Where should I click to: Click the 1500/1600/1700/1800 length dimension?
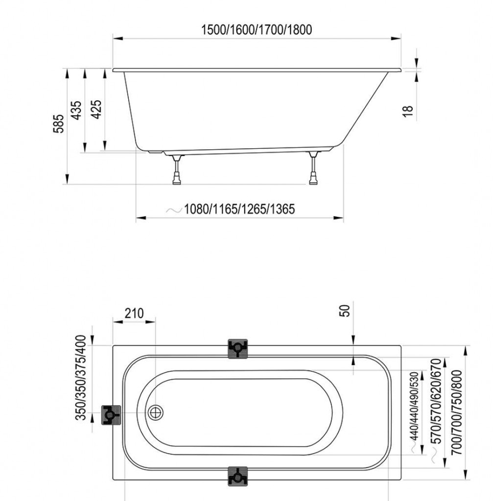coord(257,30)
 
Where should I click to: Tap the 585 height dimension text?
coord(59,123)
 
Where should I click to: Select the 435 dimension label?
coord(76,111)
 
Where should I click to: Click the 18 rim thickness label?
coord(408,111)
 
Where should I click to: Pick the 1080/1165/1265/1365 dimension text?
coord(239,209)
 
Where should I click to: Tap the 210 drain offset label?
coord(134,314)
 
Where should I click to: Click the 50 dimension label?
coord(345,311)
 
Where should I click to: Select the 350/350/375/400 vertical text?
coord(81,378)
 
